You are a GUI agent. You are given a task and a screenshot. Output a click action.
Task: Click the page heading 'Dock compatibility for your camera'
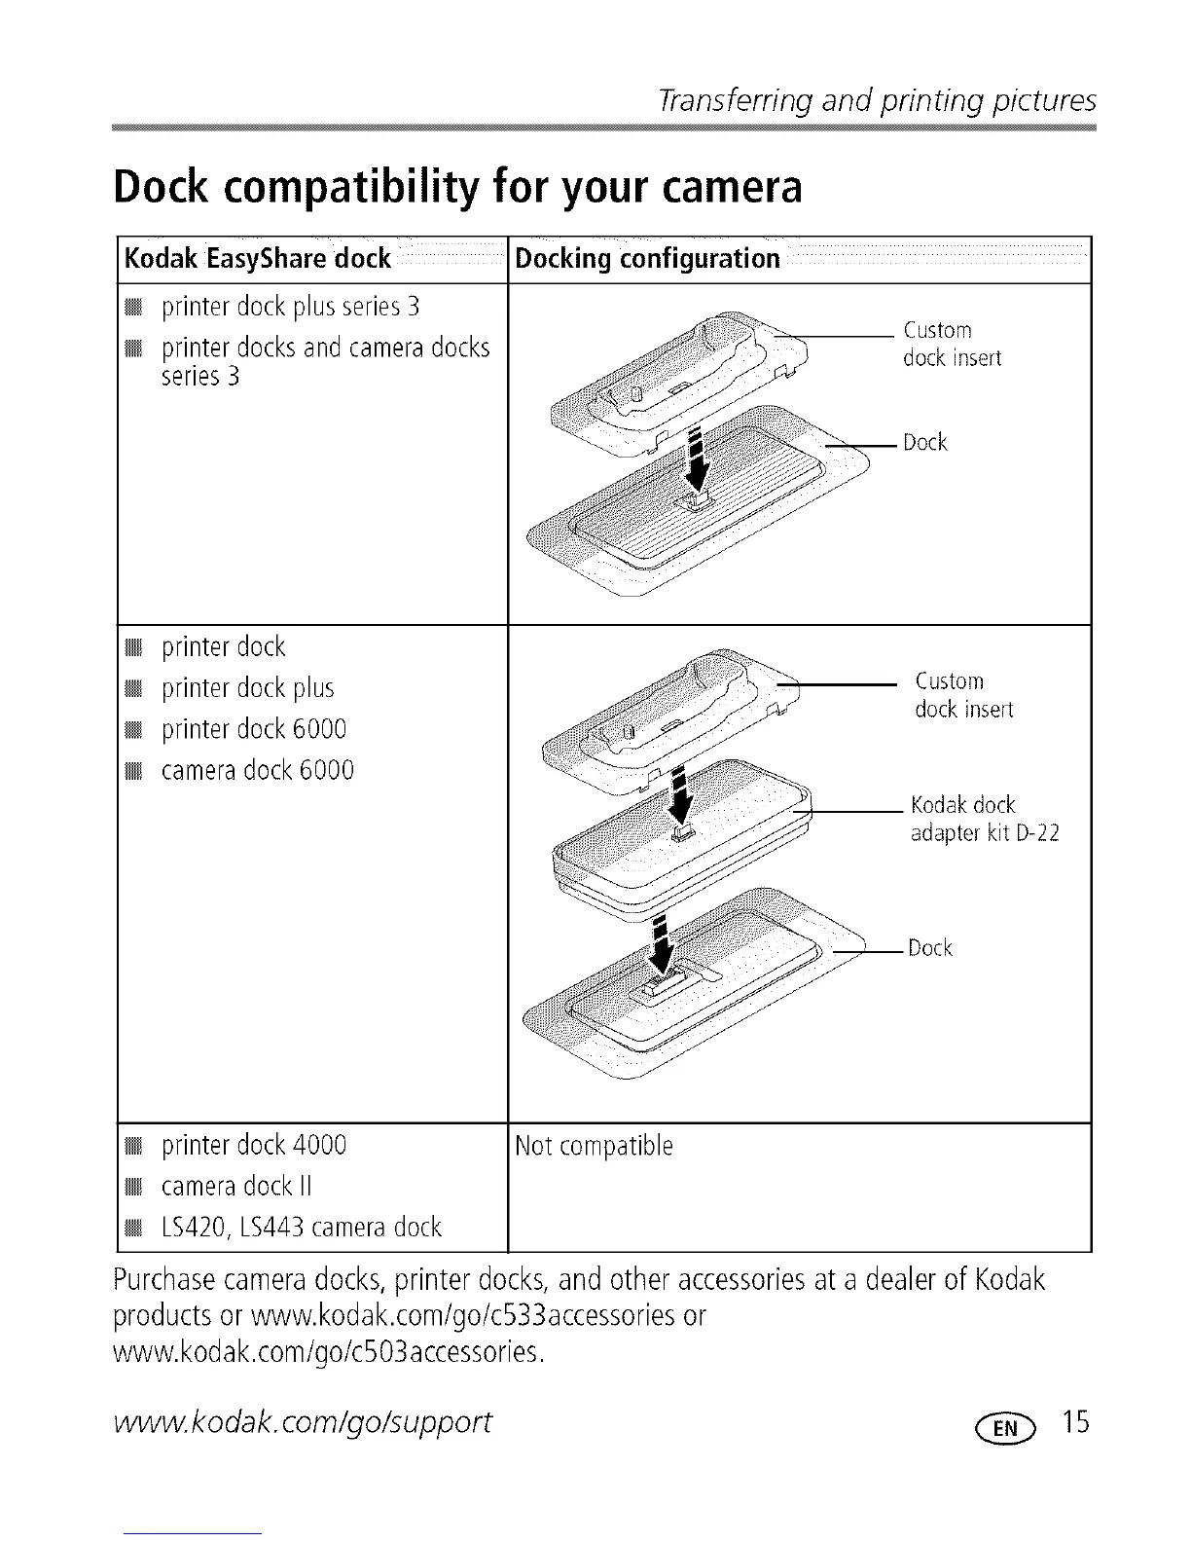pyautogui.click(x=457, y=188)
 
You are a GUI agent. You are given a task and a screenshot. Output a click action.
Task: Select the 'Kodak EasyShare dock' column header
pyautogui.click(x=257, y=259)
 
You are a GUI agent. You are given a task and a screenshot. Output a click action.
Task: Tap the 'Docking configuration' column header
pyautogui.click(x=647, y=259)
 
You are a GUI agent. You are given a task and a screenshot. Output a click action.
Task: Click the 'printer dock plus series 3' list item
pyautogui.click(x=290, y=307)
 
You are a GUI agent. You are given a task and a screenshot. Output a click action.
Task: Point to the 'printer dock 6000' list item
pyautogui.click(x=253, y=729)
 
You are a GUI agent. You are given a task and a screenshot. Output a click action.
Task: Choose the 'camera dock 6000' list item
pyautogui.click(x=257, y=770)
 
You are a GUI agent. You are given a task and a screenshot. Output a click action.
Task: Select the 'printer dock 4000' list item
pyautogui.click(x=253, y=1144)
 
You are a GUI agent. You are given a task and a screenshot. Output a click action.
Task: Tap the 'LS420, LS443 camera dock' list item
pyautogui.click(x=301, y=1227)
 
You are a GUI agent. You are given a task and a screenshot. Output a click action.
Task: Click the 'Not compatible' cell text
pyautogui.click(x=594, y=1146)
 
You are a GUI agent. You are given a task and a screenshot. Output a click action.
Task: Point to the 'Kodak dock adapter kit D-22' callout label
pyautogui.click(x=984, y=819)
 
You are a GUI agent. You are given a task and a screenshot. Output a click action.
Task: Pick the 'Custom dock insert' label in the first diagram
pyautogui.click(x=951, y=344)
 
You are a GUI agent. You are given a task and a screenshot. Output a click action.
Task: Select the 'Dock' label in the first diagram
pyautogui.click(x=924, y=443)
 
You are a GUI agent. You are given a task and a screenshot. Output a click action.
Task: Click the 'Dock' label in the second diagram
pyautogui.click(x=929, y=948)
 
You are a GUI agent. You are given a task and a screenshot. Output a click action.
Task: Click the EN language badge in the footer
pyautogui.click(x=1012, y=1427)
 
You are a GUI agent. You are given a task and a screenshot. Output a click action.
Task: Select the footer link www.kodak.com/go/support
pyautogui.click(x=303, y=1423)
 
